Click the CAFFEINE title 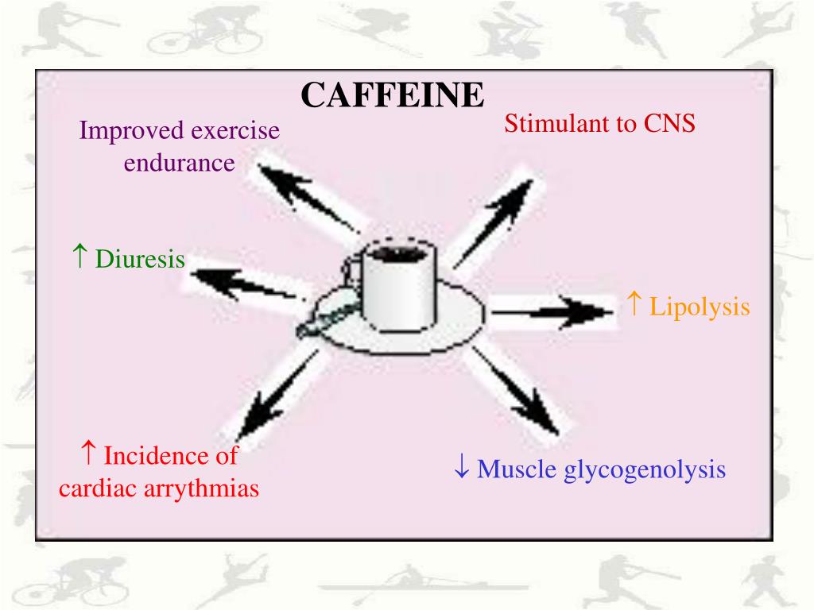[392, 96]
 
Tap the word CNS [670, 125]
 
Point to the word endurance [179, 164]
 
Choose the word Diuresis [140, 260]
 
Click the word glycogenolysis [645, 469]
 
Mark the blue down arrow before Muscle [461, 468]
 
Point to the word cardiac [98, 488]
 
